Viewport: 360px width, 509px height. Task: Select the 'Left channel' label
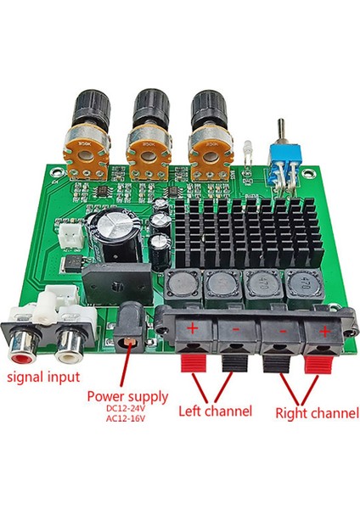coord(215,411)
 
